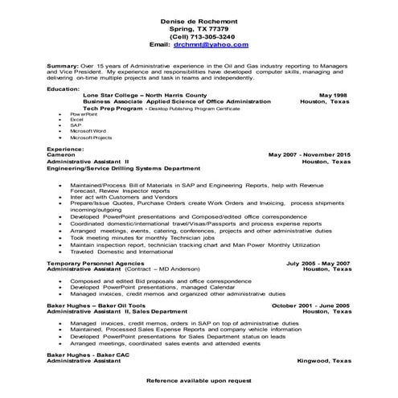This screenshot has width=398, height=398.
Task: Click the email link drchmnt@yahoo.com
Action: (212, 45)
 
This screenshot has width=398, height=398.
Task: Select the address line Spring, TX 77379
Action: (199, 27)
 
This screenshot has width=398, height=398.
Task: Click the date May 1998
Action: (334, 95)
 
